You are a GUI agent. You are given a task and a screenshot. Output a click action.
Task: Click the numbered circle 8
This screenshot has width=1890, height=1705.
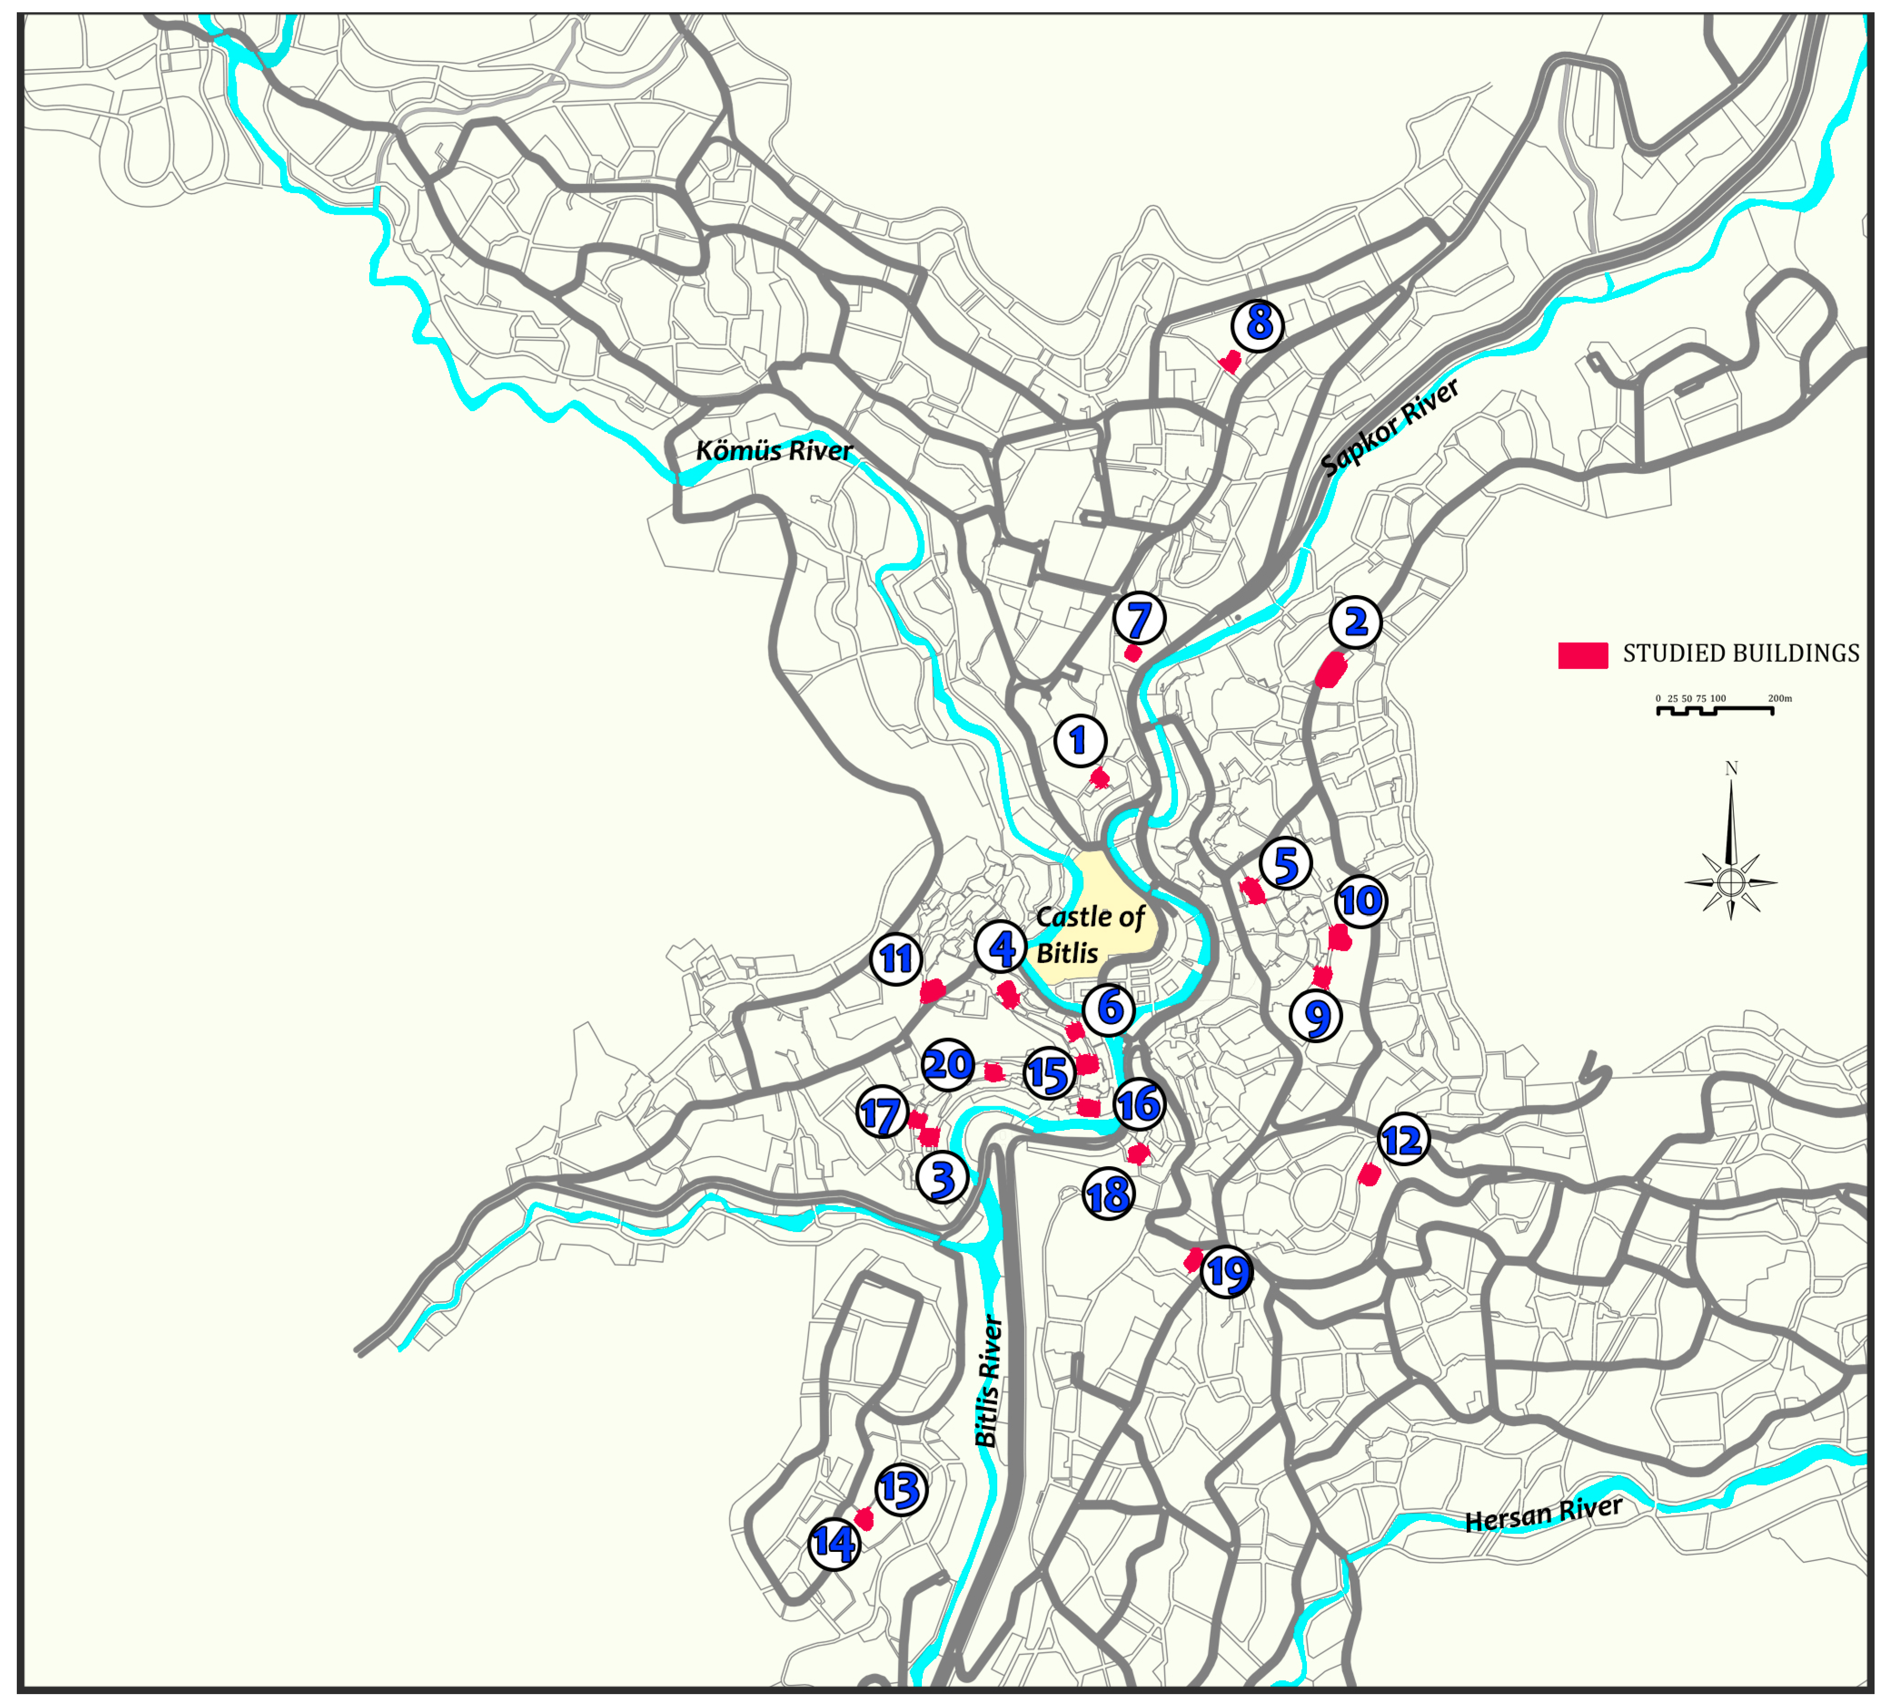(x=1258, y=324)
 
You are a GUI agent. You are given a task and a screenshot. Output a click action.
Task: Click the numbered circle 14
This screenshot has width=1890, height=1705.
(x=834, y=1543)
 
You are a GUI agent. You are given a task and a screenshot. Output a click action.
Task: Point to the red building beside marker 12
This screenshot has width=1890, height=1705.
(x=1369, y=1175)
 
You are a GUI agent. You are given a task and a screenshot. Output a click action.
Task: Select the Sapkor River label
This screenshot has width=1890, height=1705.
(x=1390, y=426)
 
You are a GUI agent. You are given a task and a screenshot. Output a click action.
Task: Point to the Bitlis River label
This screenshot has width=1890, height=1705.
(x=988, y=1382)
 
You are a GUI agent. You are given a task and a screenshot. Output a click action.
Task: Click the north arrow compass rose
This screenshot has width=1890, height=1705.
(x=1730, y=880)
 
